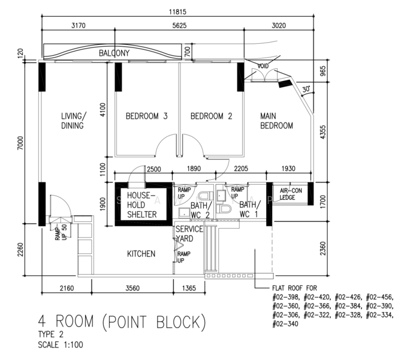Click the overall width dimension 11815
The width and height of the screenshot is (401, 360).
tap(177, 12)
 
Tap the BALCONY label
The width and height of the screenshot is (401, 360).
tap(114, 53)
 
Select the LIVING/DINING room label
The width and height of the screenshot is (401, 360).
tap(73, 121)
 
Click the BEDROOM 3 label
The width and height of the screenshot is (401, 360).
tap(146, 116)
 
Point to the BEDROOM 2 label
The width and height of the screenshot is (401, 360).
tap(211, 116)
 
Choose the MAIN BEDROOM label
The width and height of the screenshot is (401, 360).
tap(276, 121)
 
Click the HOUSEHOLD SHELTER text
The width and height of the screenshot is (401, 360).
tap(141, 205)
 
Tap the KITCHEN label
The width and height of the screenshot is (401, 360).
tap(141, 254)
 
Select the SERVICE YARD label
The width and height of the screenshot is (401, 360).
tap(189, 233)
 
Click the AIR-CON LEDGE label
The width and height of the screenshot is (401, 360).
tap(291, 194)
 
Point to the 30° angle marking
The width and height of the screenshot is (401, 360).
tap(306, 89)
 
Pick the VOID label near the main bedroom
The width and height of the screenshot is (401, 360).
tap(263, 66)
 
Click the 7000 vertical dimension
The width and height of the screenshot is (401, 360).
tap(20, 143)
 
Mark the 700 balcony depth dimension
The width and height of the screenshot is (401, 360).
tap(188, 52)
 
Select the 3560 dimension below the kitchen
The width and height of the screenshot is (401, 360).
tap(132, 289)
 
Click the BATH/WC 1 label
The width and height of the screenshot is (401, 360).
tap(250, 209)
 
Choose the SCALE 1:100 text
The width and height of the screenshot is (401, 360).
tap(61, 344)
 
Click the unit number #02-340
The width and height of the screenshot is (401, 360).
tap(285, 324)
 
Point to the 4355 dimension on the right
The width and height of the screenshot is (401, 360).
tap(323, 132)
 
